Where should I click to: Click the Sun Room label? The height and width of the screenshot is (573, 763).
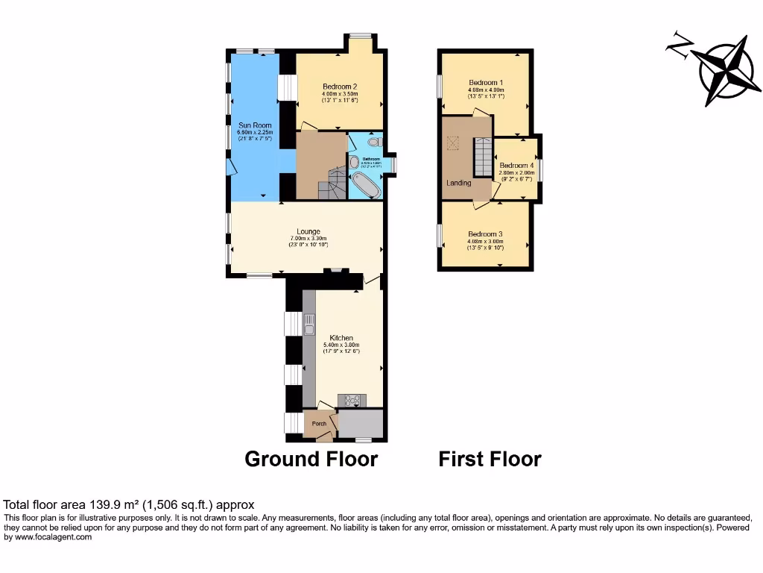click(255, 125)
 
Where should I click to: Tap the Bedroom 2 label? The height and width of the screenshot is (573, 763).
click(340, 87)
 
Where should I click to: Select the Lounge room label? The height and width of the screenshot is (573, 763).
click(308, 231)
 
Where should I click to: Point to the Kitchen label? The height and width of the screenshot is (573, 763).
click(342, 338)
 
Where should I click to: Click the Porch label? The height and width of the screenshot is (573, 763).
click(319, 424)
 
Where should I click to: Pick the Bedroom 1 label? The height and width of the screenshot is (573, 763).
click(486, 82)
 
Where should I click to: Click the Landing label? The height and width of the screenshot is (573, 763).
click(459, 183)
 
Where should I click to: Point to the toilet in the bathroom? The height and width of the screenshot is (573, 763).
click(374, 141)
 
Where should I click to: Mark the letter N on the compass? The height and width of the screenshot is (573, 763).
click(678, 46)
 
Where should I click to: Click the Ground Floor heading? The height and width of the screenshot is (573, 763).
click(311, 459)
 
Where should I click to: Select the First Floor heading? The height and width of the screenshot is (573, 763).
click(490, 459)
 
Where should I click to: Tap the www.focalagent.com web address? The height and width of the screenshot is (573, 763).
click(48, 537)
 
